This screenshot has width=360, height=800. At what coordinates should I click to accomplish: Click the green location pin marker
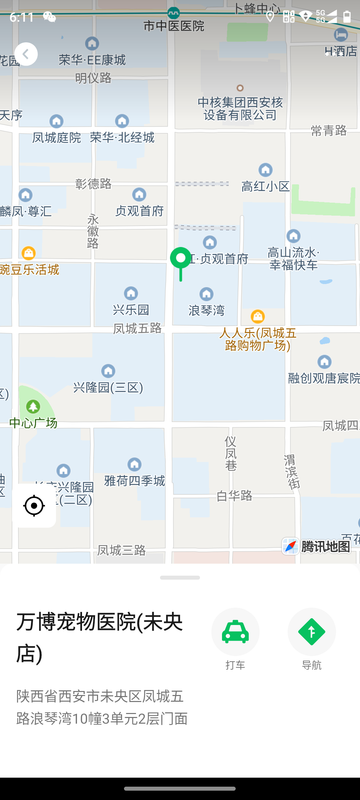[180, 260]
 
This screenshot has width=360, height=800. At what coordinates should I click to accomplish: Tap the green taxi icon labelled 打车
[235, 632]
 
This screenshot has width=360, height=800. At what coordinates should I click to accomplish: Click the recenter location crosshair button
[34, 506]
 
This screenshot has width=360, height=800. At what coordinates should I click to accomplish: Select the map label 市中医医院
[173, 25]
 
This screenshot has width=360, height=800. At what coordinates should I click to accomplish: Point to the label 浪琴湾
[206, 311]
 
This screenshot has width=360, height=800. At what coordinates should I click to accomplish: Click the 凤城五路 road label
[136, 328]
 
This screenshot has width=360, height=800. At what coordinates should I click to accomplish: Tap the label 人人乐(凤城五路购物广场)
[257, 338]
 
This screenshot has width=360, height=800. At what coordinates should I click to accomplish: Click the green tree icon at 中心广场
[33, 406]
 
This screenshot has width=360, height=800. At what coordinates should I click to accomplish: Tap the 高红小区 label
[265, 186]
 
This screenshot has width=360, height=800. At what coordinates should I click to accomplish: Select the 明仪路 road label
[93, 77]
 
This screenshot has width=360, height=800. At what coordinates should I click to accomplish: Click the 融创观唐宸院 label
[323, 377]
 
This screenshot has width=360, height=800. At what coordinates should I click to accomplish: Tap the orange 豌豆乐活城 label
[29, 269]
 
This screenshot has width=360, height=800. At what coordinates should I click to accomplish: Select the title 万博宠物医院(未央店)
[100, 637]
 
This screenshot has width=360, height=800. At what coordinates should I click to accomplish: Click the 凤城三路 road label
[121, 550]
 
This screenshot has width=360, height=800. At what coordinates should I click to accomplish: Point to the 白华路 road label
[234, 495]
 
